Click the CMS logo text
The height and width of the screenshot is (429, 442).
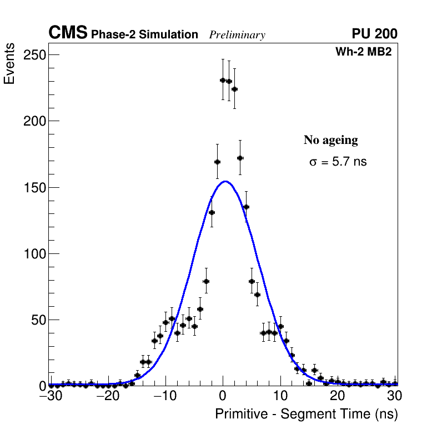click(68, 33)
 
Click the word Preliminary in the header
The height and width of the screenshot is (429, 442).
click(237, 35)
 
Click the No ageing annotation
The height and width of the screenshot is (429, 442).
click(330, 140)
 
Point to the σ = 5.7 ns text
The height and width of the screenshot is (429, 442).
click(338, 162)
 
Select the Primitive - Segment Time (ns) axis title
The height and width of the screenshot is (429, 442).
click(306, 414)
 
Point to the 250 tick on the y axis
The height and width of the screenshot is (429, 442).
click(34, 55)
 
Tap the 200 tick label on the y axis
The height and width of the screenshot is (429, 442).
click(34, 121)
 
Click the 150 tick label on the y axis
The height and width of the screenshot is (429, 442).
click(34, 187)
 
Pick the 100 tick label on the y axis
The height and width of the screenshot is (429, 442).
click(34, 254)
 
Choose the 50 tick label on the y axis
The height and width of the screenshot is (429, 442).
click(38, 320)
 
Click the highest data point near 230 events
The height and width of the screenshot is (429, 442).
click(223, 80)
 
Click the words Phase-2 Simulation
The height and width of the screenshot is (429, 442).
click(144, 35)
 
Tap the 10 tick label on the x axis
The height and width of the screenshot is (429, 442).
click(280, 396)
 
